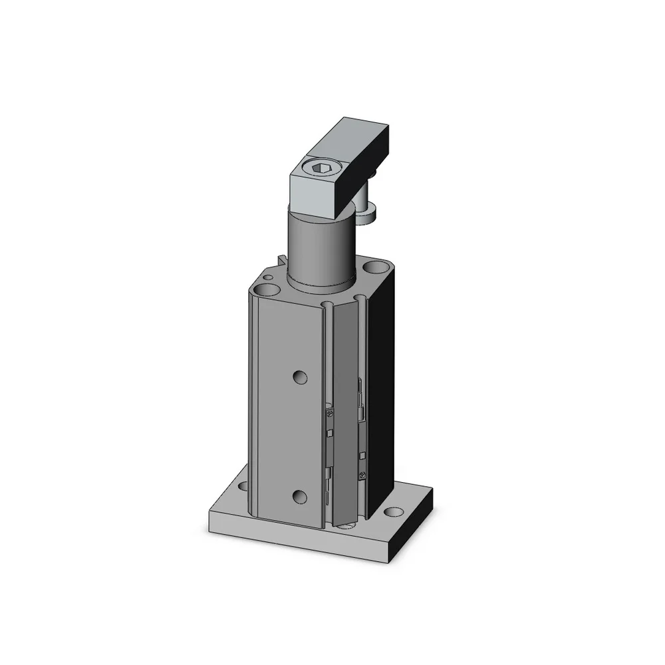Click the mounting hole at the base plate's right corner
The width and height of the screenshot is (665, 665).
[x=396, y=512]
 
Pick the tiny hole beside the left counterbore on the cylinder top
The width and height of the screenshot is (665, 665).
[x=267, y=276]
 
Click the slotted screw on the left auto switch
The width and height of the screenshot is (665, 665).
[x=330, y=414]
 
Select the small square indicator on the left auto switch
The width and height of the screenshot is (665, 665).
[x=331, y=433]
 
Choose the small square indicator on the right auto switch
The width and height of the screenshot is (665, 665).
[x=362, y=456]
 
